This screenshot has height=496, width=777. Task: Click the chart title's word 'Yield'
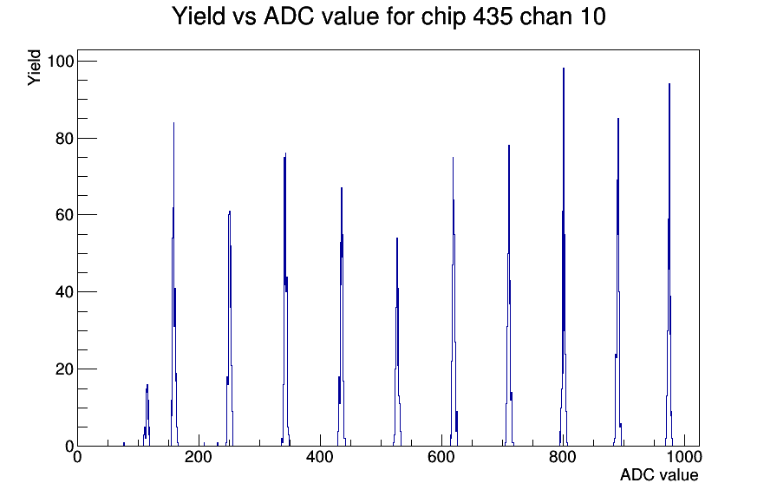click(x=199, y=16)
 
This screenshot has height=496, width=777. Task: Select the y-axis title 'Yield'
click(x=34, y=68)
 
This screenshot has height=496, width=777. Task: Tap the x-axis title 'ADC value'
click(x=659, y=474)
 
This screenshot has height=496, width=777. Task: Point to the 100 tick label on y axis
click(x=60, y=62)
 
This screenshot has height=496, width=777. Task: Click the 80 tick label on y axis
click(x=64, y=138)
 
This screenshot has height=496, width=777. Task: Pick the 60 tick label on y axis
click(x=64, y=215)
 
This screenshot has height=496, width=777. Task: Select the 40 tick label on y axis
click(x=64, y=292)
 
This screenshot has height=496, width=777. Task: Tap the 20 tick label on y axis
click(x=64, y=369)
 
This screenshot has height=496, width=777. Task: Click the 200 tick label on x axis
click(x=199, y=457)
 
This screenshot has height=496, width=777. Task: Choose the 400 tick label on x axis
click(x=320, y=457)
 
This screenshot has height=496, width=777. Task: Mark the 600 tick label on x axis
click(x=441, y=457)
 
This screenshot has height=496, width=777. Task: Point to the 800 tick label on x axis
click(x=563, y=457)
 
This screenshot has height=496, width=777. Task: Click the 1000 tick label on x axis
click(x=683, y=457)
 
